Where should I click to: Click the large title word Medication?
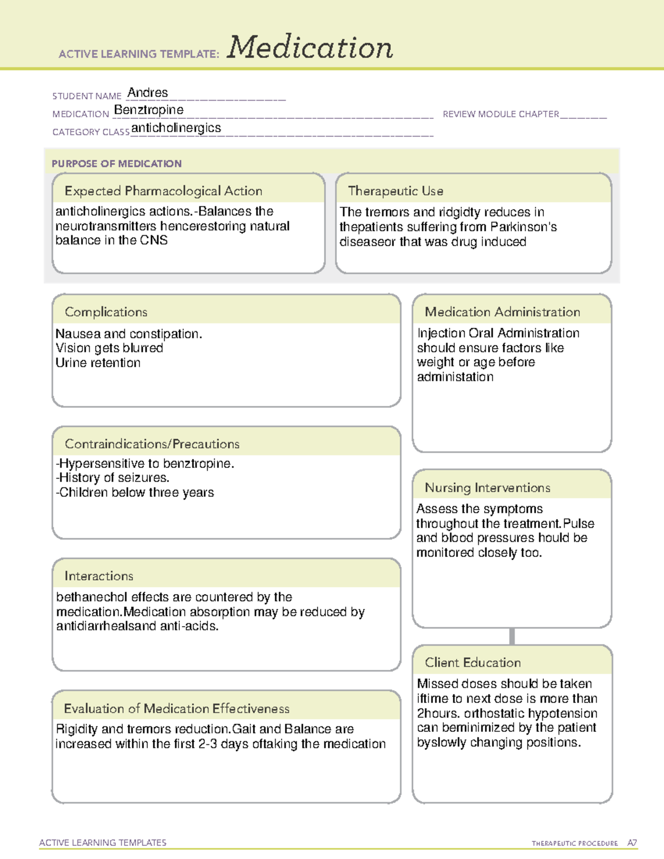click(310, 48)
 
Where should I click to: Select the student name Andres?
click(148, 92)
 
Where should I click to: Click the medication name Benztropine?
click(149, 110)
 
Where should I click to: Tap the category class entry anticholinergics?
click(176, 128)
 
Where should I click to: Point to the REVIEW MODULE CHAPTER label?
click(501, 114)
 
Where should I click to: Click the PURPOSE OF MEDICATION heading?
click(117, 164)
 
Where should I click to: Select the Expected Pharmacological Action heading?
click(163, 191)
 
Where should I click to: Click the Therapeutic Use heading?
click(396, 191)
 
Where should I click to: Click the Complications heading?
click(106, 312)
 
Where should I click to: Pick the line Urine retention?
click(98, 363)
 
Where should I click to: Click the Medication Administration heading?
click(502, 312)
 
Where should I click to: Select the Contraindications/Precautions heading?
click(152, 444)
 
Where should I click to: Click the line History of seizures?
click(113, 477)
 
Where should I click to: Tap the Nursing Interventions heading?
click(487, 488)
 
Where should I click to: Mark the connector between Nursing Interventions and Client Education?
click(512, 636)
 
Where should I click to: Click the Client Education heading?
click(473, 663)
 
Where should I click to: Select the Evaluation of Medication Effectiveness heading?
click(177, 709)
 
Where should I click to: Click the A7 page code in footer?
click(632, 843)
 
